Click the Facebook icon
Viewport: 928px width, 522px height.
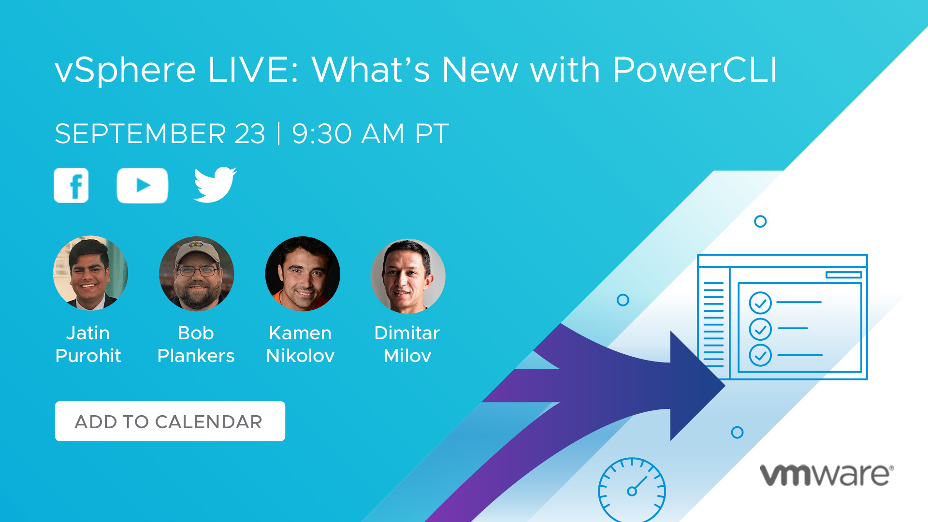click(71, 185)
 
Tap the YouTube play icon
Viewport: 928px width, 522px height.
click(142, 186)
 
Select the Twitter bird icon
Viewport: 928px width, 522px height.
click(215, 185)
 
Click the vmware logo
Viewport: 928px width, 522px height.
click(827, 475)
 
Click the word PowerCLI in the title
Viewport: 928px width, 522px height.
click(695, 70)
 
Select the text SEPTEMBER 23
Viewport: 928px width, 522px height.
click(160, 134)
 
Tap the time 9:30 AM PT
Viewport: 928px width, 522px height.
click(371, 134)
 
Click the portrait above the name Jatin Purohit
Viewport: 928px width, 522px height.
click(90, 273)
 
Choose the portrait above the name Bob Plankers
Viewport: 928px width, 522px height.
click(197, 274)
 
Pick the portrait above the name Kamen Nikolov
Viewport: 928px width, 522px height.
click(303, 274)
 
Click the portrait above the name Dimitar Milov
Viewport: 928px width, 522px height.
click(408, 275)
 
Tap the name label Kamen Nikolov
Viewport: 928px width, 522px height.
click(300, 344)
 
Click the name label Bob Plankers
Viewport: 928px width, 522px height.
click(196, 344)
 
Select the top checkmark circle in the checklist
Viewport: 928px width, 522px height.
click(760, 303)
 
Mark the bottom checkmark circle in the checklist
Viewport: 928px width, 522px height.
click(760, 355)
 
